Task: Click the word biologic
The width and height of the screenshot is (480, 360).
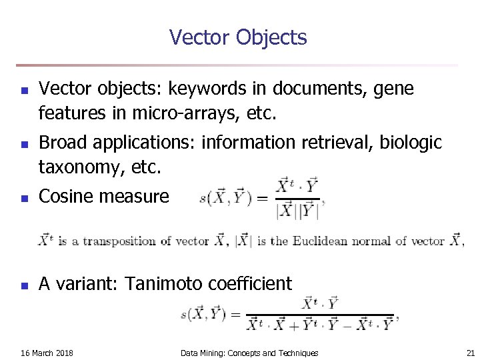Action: [x=415, y=143]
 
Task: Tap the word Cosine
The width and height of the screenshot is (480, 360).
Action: [x=67, y=196]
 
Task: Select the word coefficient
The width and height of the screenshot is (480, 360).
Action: [x=251, y=284]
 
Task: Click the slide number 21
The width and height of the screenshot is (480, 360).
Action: [x=471, y=353]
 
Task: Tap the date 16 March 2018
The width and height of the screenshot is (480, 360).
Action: [x=47, y=353]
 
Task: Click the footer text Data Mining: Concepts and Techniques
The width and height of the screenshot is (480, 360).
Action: [x=249, y=353]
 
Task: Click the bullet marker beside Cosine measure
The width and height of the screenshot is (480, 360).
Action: [x=23, y=198]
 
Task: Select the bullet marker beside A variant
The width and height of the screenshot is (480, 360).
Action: [x=23, y=286]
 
